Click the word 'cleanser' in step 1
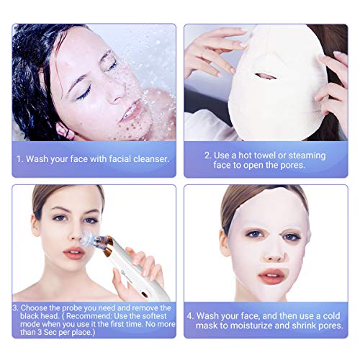pyautogui.click(x=151, y=159)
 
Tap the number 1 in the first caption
pyautogui.click(x=19, y=159)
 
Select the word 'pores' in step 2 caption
pyautogui.click(x=292, y=165)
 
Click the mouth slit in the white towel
pyautogui.click(x=266, y=76)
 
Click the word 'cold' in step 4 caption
pyautogui.click(x=331, y=316)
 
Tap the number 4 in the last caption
pyautogui.click(x=189, y=316)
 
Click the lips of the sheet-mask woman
pyautogui.click(x=271, y=276)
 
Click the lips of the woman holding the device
pyautogui.click(x=74, y=253)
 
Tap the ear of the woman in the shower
pyautogui.click(x=63, y=131)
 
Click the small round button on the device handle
pyautogui.click(x=144, y=294)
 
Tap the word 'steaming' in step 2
pyautogui.click(x=307, y=156)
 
